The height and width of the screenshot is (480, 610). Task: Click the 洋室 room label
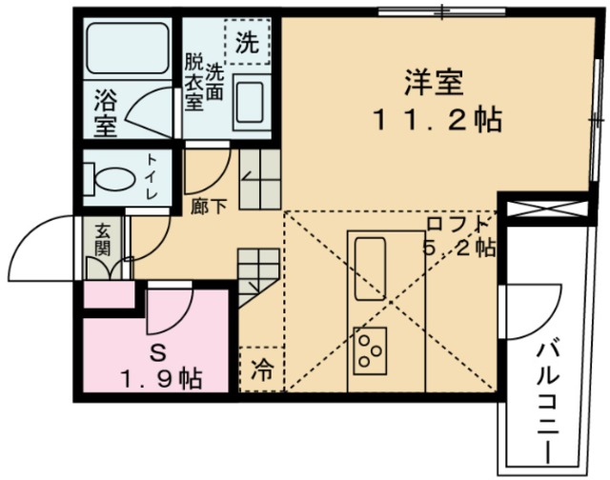(x=435, y=83)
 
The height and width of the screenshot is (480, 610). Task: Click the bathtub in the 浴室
(x=126, y=47)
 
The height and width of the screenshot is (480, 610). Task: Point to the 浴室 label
(x=106, y=113)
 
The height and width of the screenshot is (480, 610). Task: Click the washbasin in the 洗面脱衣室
(x=250, y=100)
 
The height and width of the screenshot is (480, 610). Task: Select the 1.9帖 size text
(x=160, y=378)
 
